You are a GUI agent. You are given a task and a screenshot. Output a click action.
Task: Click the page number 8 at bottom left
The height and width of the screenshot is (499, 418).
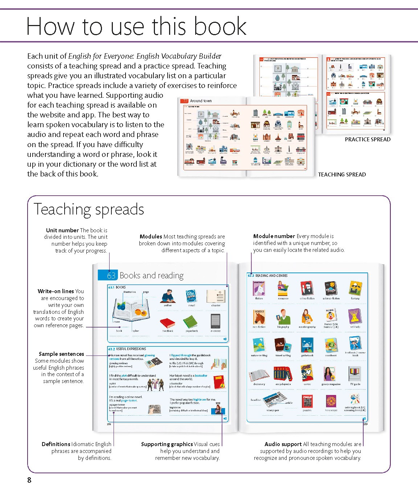point(29,480)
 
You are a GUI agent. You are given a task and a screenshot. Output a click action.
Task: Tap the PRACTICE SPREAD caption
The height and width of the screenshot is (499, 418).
point(368,140)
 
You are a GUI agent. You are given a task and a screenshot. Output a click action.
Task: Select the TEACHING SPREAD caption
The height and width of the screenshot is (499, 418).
point(342,175)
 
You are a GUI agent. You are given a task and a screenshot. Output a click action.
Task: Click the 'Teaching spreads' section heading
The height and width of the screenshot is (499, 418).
point(89,209)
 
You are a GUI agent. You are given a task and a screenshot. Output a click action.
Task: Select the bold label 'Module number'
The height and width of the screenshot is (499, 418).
point(274,236)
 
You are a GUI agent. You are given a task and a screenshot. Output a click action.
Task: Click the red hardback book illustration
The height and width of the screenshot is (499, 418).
point(167,322)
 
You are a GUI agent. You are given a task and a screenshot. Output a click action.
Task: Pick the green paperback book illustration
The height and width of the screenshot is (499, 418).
point(190,322)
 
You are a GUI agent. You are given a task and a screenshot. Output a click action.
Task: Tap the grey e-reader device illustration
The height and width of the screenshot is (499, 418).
point(216,321)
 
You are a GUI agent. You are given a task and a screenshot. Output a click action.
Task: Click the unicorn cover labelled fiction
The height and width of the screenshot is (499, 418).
point(259,288)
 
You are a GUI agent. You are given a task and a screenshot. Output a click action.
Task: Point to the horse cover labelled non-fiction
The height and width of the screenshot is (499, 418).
point(259,317)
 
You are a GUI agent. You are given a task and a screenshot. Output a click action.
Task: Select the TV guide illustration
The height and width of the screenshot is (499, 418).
point(355,374)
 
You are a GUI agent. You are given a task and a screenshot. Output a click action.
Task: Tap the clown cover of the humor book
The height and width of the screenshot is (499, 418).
point(331,316)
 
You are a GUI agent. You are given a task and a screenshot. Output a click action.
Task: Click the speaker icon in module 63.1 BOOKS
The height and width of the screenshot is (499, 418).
point(225,339)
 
